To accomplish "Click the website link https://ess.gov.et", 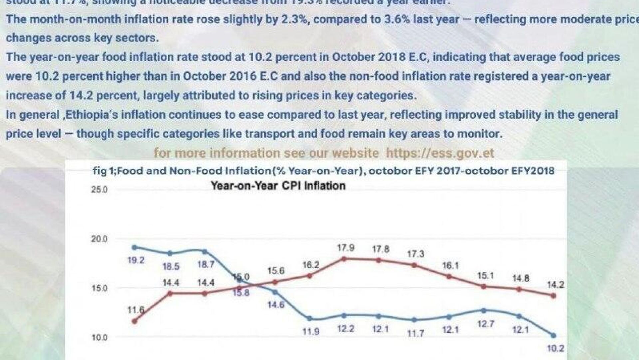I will click(x=440, y=153).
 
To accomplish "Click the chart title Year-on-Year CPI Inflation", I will click(x=278, y=186).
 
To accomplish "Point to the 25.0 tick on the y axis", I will click(x=99, y=190).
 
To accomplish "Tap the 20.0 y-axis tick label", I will click(x=99, y=239).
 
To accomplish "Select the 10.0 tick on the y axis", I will click(x=99, y=338).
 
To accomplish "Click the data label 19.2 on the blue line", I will click(x=136, y=260).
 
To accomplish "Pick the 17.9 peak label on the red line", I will click(x=346, y=248).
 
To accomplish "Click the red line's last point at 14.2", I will click(x=553, y=296).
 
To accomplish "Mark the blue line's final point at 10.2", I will click(x=553, y=335).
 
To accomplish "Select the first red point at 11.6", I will click(x=135, y=321).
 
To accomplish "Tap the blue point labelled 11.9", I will click(x=310, y=319).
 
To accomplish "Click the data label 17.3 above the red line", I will click(x=416, y=254).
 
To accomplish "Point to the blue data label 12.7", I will click(x=486, y=324).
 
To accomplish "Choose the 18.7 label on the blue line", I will click(x=206, y=265).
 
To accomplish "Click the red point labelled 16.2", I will click(x=310, y=276).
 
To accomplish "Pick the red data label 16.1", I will click(x=450, y=266).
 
